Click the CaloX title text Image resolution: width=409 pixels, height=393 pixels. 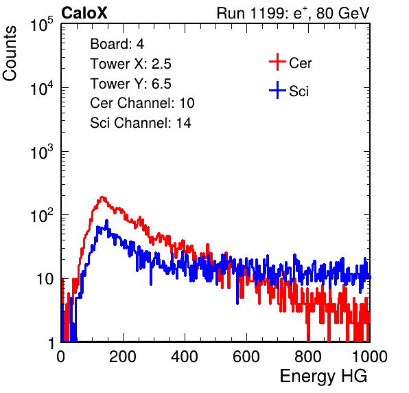[84, 13]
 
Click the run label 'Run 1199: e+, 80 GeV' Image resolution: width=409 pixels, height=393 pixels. [293, 13]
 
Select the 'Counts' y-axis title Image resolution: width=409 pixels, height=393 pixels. [10, 54]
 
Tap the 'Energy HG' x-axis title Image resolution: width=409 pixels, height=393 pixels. [323, 377]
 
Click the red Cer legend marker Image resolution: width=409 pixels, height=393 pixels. [277, 62]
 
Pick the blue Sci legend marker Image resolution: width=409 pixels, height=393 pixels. [277, 90]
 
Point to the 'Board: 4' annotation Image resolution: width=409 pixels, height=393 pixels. [117, 44]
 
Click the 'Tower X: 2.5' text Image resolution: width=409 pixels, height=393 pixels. [130, 64]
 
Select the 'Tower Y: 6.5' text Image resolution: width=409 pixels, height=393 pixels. [130, 84]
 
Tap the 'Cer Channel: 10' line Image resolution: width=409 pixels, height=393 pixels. [142, 103]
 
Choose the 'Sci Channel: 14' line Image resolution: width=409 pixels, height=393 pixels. [141, 123]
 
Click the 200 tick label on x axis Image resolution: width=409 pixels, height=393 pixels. [122, 357]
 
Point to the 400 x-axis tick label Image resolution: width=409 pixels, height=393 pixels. [185, 357]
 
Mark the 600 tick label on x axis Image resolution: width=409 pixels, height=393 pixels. [246, 357]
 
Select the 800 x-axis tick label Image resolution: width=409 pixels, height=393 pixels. [308, 357]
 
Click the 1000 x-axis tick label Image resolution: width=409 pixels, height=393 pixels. [370, 357]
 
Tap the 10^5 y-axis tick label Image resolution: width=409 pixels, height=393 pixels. [42, 25]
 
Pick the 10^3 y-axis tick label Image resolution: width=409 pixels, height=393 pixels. [42, 152]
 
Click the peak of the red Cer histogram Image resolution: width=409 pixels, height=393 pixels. [102, 196]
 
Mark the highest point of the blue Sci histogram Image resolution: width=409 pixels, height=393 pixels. [106, 221]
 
